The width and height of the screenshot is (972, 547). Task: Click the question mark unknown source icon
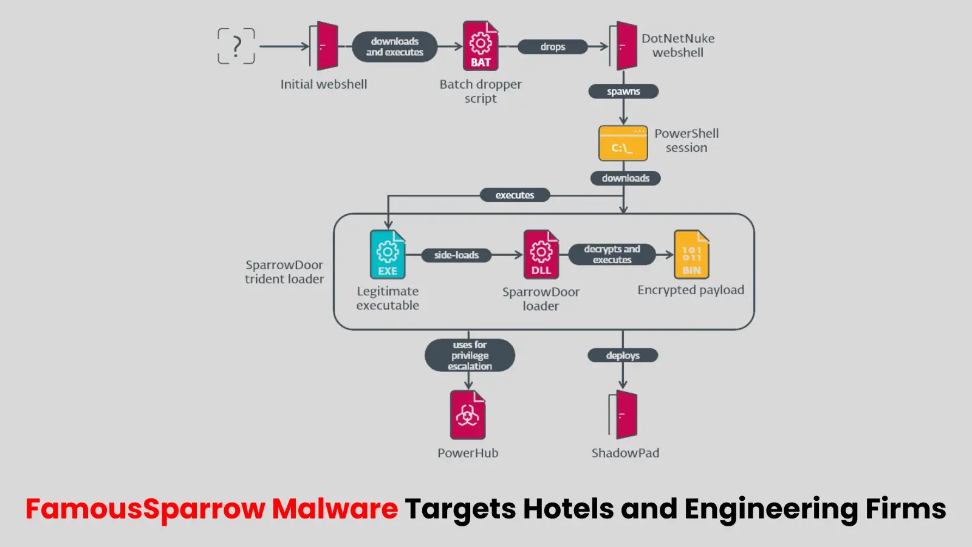tap(236, 46)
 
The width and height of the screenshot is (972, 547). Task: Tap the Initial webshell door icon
tap(324, 46)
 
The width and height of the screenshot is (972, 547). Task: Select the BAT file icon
tap(481, 46)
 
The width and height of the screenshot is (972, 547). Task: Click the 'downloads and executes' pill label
tap(395, 47)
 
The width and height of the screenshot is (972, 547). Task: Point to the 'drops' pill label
tap(553, 47)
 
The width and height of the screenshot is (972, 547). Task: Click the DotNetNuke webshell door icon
tap(623, 46)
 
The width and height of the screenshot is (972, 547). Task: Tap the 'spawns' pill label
tap(623, 92)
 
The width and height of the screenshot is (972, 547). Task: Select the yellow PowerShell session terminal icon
tap(623, 143)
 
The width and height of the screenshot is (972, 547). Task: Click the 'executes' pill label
tap(515, 195)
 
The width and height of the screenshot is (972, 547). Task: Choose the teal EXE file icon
tap(388, 255)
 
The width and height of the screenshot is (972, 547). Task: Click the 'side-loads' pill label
tap(456, 255)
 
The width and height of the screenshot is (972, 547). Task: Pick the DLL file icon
tap(541, 255)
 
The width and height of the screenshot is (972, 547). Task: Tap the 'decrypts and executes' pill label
tap(612, 255)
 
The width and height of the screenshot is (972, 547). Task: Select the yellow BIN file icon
tap(691, 255)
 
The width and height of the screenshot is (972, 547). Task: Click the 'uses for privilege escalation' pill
tap(470, 356)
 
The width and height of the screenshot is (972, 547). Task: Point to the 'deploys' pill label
tap(623, 356)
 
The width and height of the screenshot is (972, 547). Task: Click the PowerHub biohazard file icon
tap(468, 415)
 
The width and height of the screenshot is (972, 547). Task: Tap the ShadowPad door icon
tap(623, 415)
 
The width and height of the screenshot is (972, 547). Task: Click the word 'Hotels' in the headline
tap(568, 509)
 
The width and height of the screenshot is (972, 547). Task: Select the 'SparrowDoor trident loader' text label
tap(284, 272)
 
